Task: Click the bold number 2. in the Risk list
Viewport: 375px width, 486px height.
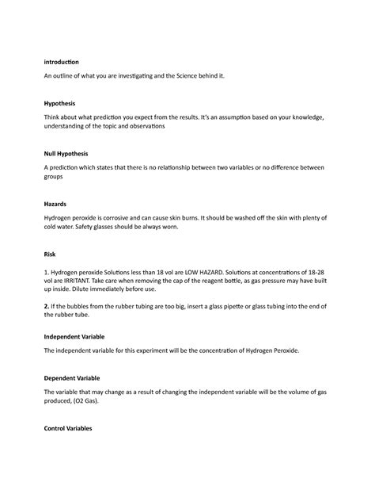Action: pos(48,310)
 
